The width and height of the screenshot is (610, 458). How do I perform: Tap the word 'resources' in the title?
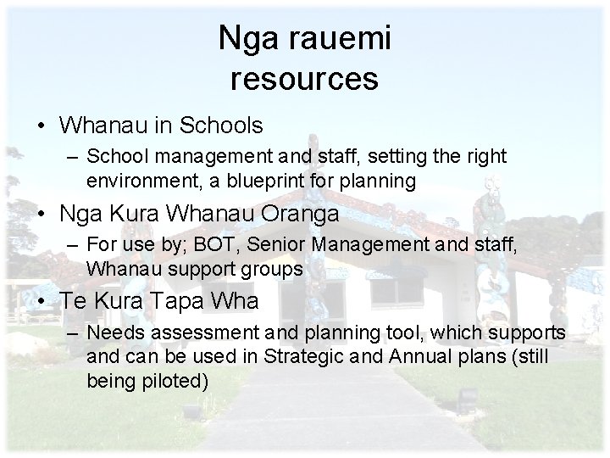(304, 79)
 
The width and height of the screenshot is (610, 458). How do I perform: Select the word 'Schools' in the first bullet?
(223, 126)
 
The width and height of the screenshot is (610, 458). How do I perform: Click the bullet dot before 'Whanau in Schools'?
(42, 126)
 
